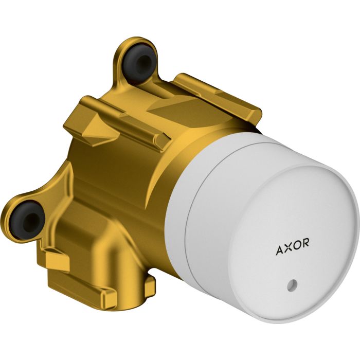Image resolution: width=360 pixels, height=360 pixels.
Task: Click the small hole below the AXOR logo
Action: [293, 284]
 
